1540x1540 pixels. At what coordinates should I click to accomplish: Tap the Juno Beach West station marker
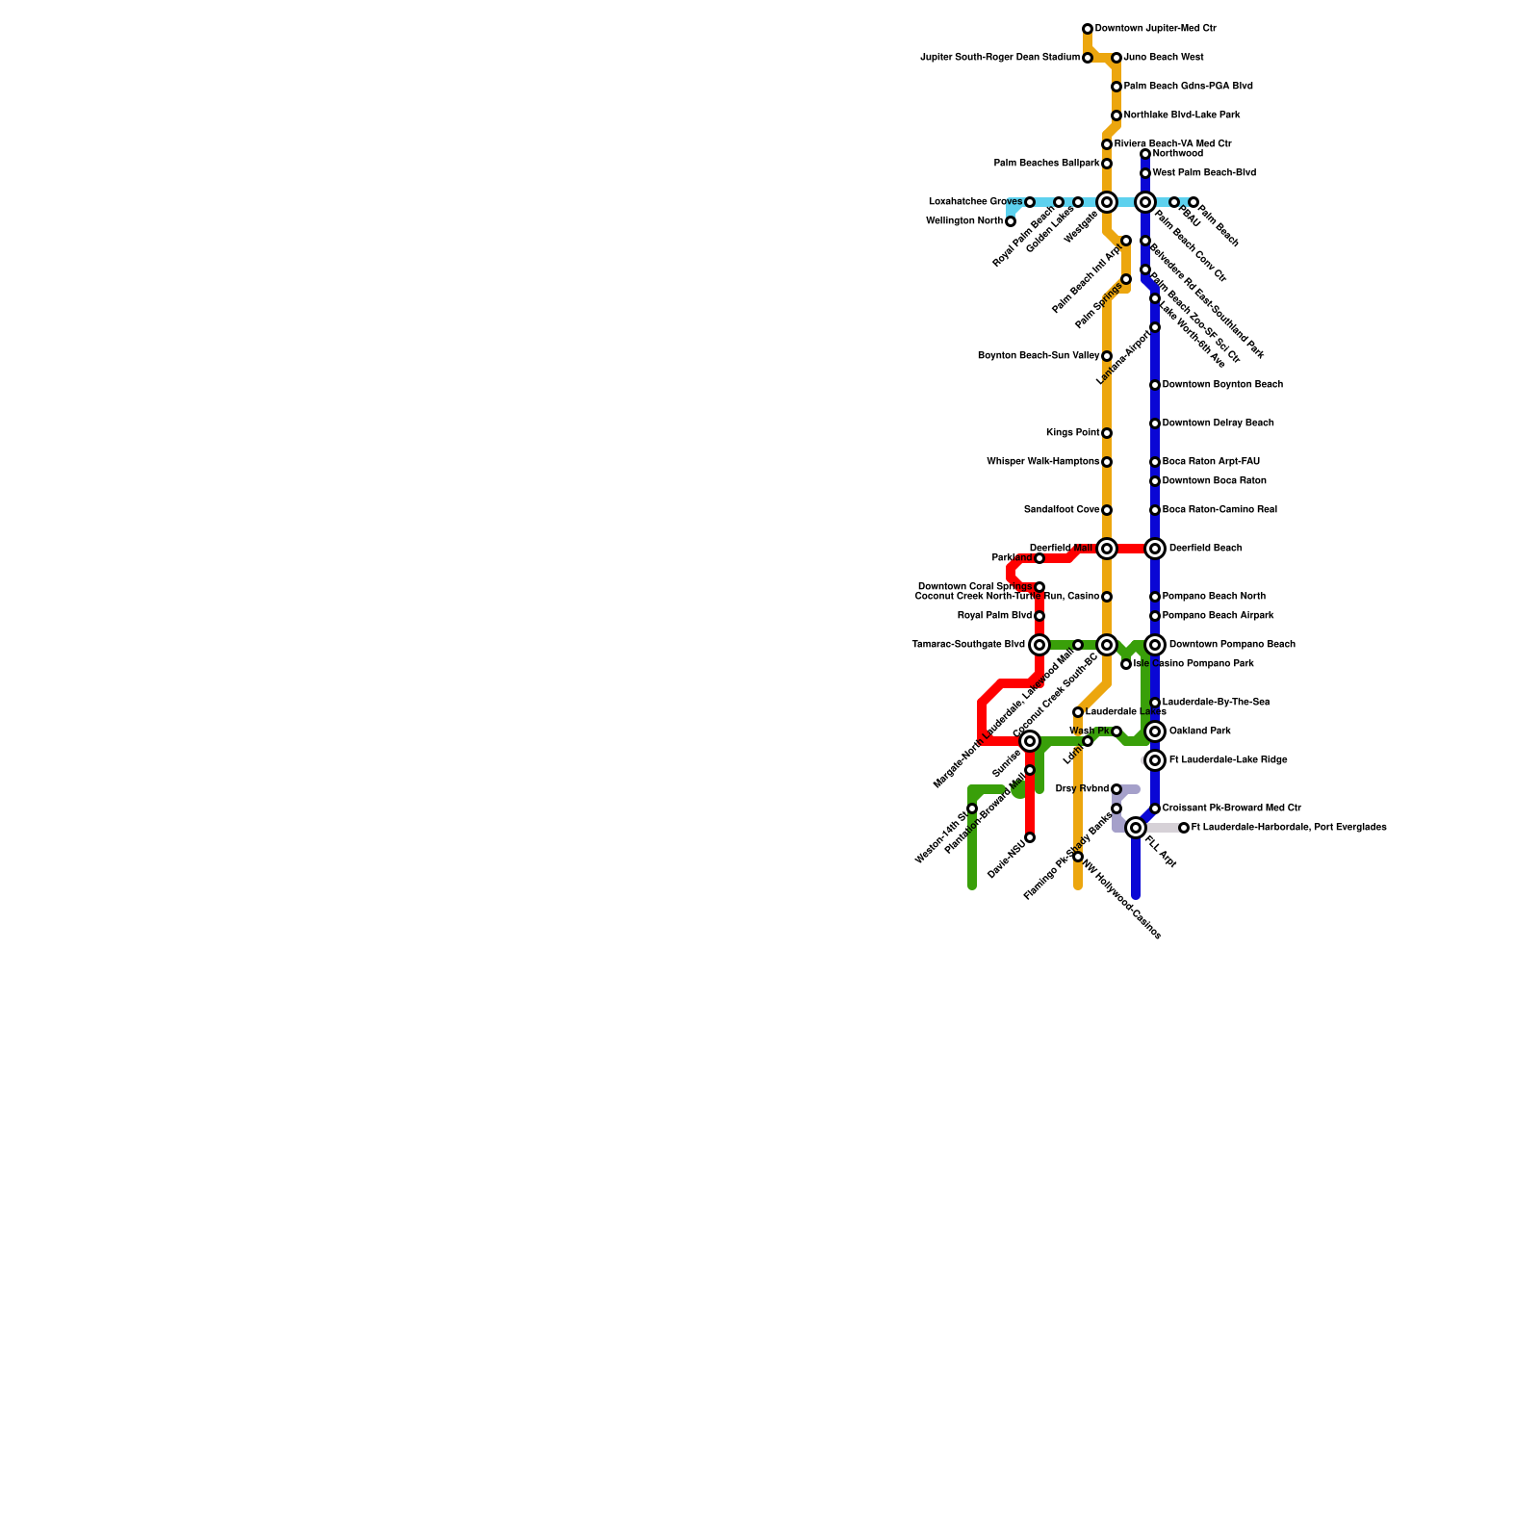click(1116, 59)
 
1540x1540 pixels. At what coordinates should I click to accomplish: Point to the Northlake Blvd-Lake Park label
click(1182, 115)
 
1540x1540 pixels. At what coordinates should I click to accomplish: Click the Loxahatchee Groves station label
click(975, 202)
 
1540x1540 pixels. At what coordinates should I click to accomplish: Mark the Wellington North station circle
click(1011, 222)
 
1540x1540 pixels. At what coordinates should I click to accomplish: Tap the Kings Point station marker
click(1107, 434)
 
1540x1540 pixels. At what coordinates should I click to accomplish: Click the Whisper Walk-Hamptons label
click(1042, 462)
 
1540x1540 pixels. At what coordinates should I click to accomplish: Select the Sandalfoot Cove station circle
click(1107, 511)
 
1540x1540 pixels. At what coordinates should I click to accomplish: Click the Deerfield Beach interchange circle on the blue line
click(1155, 549)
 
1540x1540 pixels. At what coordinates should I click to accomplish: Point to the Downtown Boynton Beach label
click(1222, 385)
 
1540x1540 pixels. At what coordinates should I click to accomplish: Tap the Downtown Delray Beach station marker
click(1155, 424)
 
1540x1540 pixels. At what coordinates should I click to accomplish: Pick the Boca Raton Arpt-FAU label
click(1211, 462)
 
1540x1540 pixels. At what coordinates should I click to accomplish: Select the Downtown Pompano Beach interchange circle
click(1155, 645)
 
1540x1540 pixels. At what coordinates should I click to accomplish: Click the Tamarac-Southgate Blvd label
click(967, 645)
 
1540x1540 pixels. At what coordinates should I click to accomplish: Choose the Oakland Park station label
click(1199, 731)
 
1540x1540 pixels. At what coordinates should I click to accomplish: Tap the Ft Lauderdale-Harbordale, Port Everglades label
click(1289, 828)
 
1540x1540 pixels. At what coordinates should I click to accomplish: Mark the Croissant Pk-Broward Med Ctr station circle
click(1155, 809)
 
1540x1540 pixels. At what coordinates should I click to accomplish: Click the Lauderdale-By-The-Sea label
click(1216, 703)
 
